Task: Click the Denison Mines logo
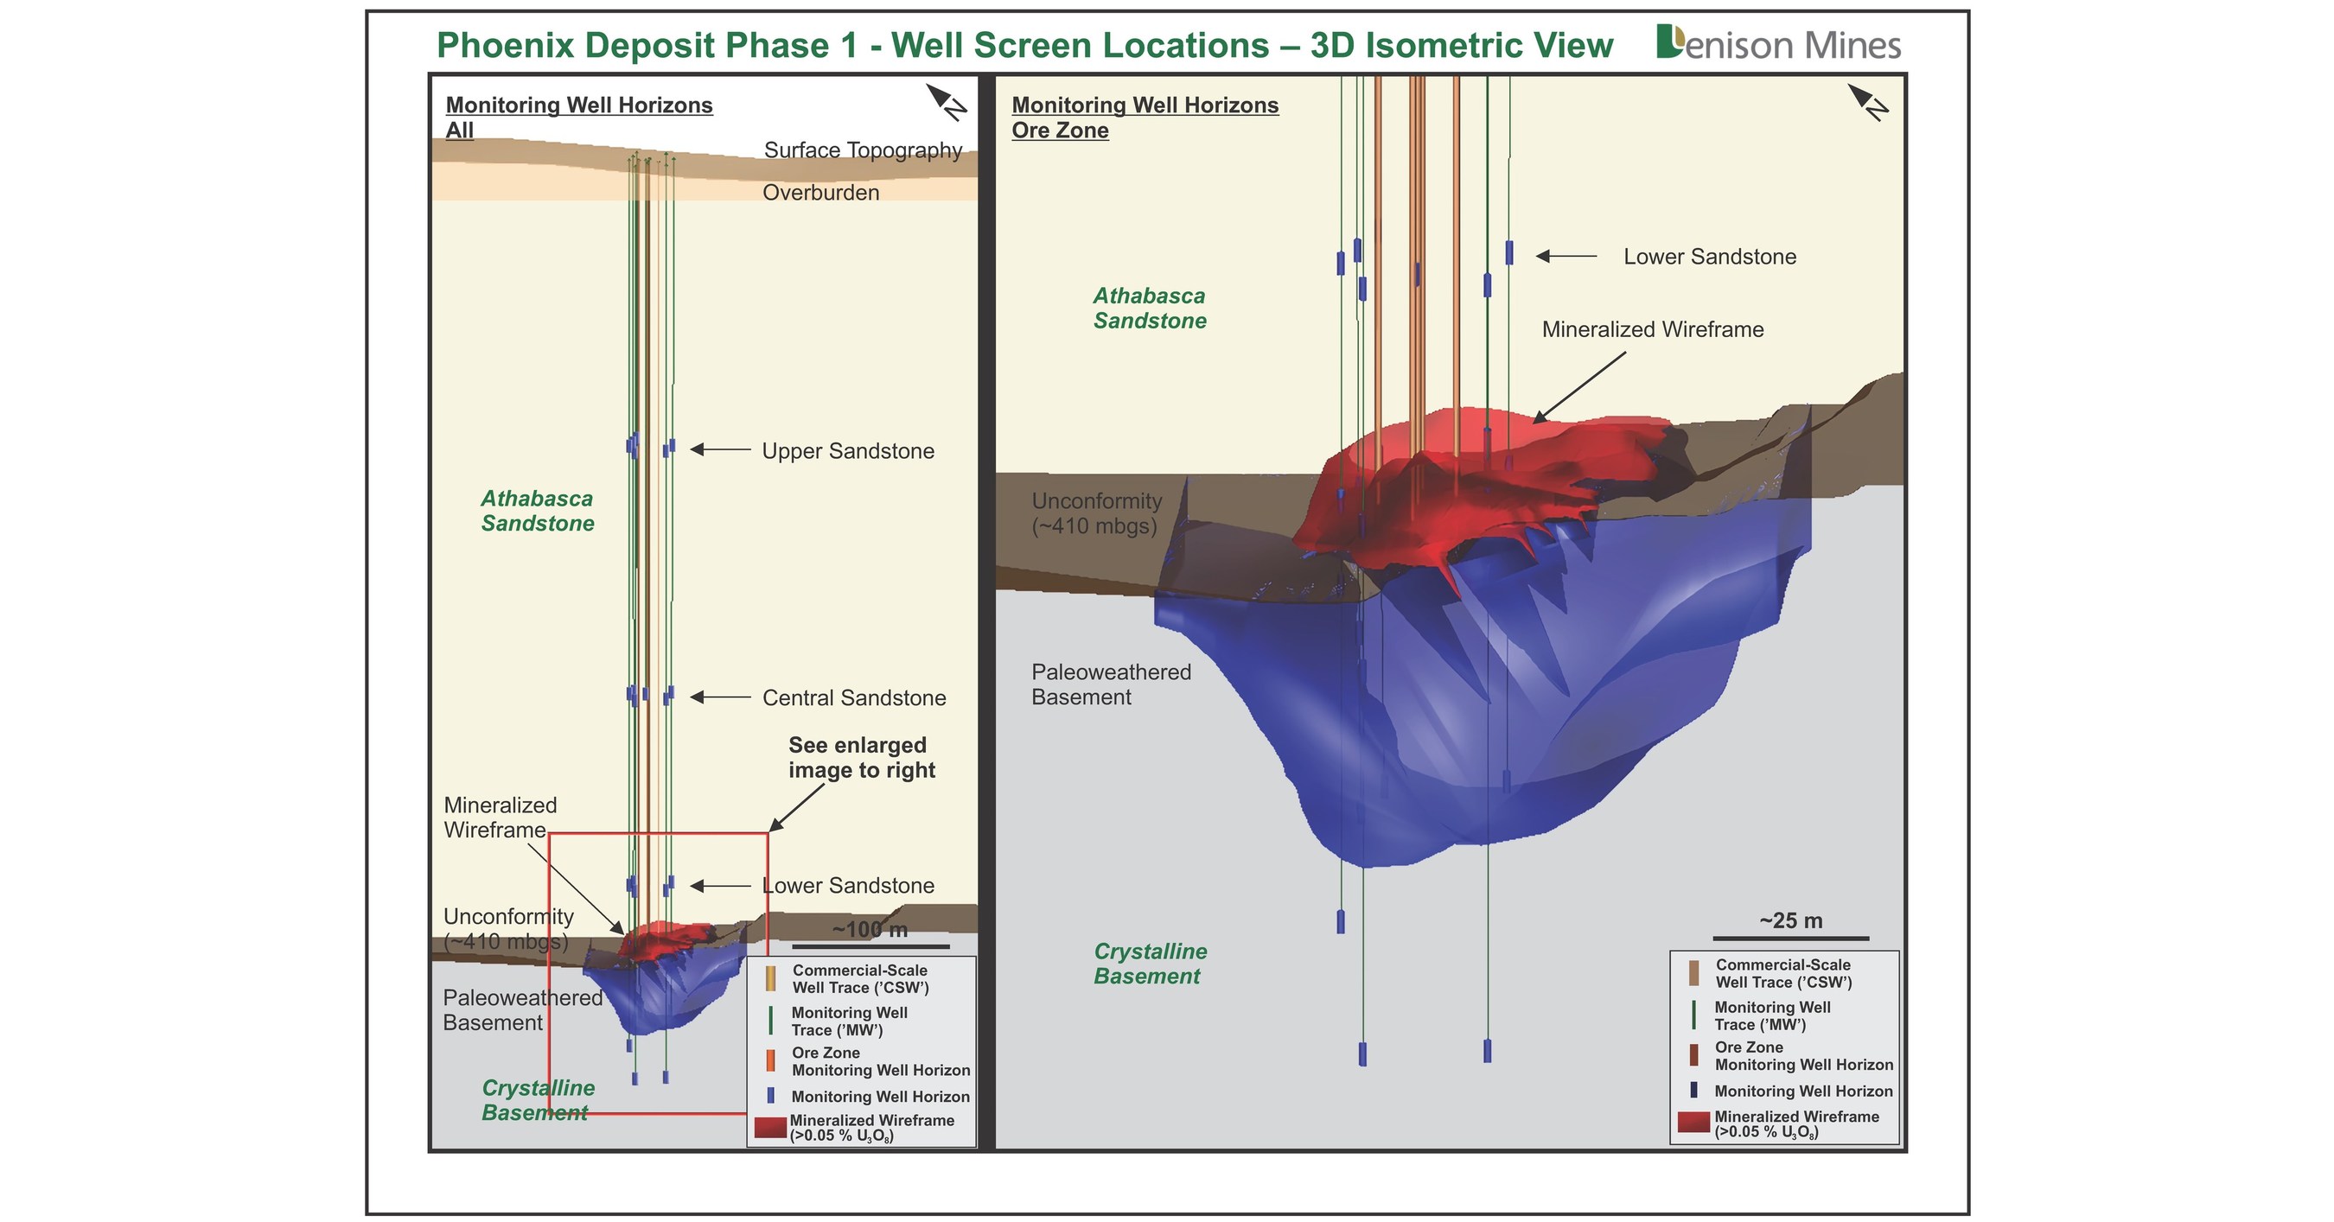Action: (x=1777, y=44)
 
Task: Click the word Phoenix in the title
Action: (x=510, y=45)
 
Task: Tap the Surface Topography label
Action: (x=863, y=150)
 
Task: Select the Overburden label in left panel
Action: (x=821, y=192)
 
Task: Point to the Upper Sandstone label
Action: (x=847, y=451)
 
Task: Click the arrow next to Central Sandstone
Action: (x=720, y=697)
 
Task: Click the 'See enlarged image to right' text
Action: (x=861, y=757)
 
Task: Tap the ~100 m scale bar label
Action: (x=870, y=929)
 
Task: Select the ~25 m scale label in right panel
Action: (x=1790, y=920)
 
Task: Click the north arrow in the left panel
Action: (x=946, y=101)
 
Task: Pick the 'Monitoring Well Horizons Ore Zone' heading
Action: (x=1145, y=118)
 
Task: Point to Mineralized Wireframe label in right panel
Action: (x=1653, y=330)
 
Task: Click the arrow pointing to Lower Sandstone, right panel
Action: (x=1566, y=257)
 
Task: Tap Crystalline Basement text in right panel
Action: (x=1150, y=963)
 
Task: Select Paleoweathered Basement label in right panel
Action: (x=1111, y=684)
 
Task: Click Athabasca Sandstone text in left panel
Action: (x=538, y=510)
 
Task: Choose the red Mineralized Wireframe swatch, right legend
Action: (x=1693, y=1123)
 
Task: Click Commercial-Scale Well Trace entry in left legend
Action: (x=859, y=978)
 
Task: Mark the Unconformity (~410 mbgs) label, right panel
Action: (x=1096, y=513)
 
